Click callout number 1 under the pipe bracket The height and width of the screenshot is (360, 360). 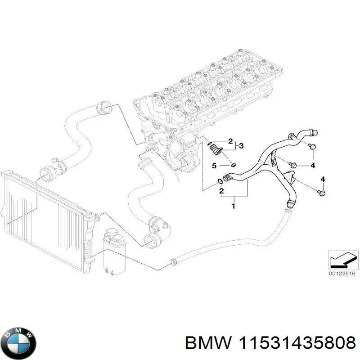click(233, 206)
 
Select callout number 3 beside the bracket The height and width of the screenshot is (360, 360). click(242, 145)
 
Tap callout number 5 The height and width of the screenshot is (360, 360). click(215, 166)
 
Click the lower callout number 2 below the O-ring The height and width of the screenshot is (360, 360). click(221, 192)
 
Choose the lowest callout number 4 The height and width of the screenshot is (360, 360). click(322, 180)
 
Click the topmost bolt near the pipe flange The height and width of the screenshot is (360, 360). click(311, 146)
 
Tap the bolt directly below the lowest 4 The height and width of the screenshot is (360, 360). click(322, 193)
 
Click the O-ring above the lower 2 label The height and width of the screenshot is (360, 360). click(219, 181)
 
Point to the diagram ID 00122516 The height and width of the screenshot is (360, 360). click(342, 273)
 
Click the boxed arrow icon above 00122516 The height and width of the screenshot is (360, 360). click(342, 259)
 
